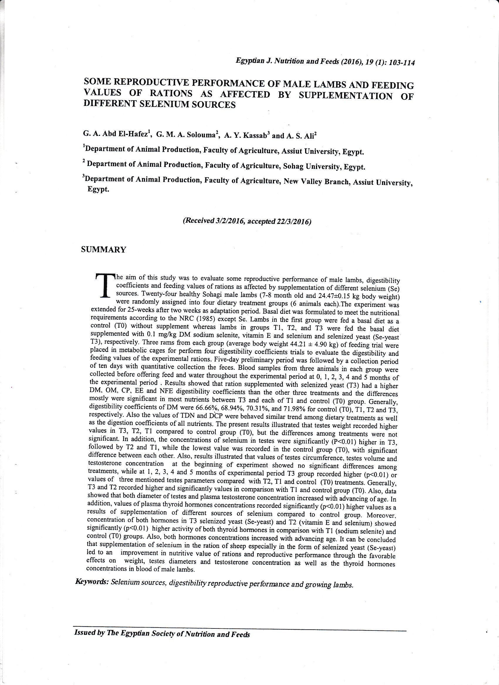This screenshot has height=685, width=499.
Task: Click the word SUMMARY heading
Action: (x=104, y=249)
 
